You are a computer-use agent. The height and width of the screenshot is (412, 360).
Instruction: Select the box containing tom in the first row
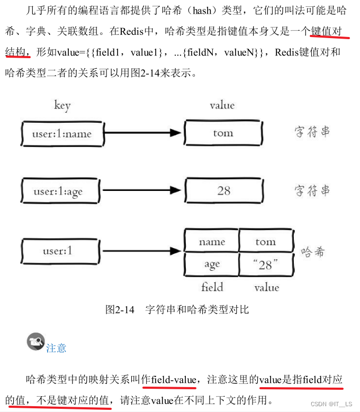click(223, 133)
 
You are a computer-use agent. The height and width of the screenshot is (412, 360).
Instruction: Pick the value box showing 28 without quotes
click(223, 190)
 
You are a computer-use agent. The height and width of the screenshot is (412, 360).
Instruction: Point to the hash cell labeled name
click(212, 242)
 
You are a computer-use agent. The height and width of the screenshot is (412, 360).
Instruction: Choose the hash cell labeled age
click(212, 264)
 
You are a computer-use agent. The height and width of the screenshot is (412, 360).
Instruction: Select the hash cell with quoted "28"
click(266, 264)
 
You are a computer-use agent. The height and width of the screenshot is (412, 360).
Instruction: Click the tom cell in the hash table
click(266, 242)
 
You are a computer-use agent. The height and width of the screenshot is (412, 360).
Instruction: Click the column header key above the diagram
click(62, 105)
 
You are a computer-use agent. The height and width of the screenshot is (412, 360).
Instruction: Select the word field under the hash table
click(212, 288)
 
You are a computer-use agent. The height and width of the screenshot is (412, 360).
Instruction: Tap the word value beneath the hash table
click(266, 288)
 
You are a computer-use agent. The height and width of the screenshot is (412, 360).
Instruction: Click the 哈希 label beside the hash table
click(312, 252)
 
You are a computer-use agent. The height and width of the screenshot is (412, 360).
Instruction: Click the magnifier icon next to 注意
click(35, 342)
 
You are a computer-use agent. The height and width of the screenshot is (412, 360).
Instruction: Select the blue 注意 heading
click(56, 347)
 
